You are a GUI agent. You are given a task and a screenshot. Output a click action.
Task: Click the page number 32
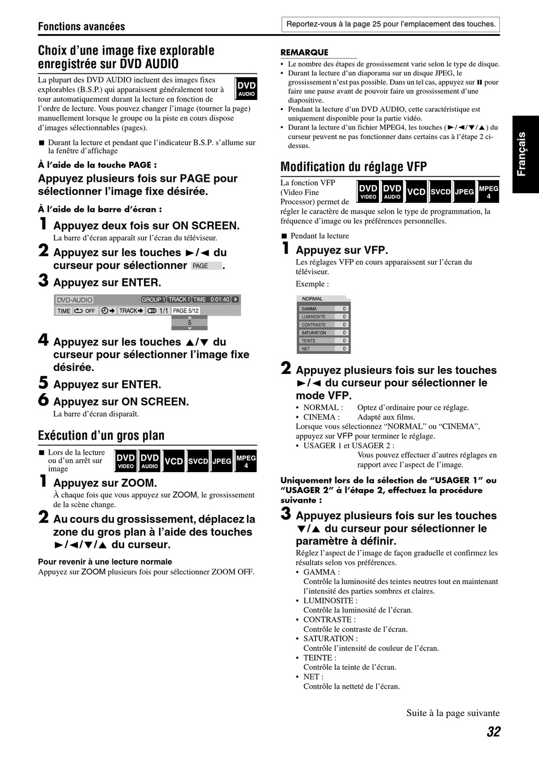tap(493, 732)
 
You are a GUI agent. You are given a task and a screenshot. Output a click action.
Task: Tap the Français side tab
tap(525, 155)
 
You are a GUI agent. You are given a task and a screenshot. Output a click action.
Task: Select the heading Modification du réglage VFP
tap(353, 167)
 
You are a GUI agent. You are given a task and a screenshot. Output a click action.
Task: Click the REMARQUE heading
tap(304, 52)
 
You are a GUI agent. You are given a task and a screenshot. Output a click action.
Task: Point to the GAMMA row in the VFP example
tap(323, 308)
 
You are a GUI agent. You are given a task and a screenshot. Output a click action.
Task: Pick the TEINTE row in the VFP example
tap(323, 341)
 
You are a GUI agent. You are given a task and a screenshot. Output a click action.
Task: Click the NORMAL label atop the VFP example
tap(312, 299)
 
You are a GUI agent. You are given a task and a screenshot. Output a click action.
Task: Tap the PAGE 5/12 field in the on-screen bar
tap(186, 311)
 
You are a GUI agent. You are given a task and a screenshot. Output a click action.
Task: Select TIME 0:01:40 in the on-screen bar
tap(211, 299)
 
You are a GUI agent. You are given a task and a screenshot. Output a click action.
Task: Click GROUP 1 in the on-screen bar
tap(153, 299)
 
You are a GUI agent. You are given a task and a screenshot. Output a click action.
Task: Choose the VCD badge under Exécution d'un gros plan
tap(174, 461)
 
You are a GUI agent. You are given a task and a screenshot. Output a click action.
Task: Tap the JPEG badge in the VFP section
tap(464, 191)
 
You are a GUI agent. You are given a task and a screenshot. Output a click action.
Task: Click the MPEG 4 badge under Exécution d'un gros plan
tap(246, 461)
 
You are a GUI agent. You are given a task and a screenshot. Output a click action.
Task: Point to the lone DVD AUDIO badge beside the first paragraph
tap(246, 89)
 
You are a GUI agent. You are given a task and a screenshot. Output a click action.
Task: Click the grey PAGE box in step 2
tap(207, 266)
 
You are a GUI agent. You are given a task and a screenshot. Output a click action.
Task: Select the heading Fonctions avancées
tap(82, 27)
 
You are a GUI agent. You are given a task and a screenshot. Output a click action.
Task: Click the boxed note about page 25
tap(391, 24)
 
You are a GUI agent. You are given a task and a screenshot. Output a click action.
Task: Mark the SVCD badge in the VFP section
tap(440, 191)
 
